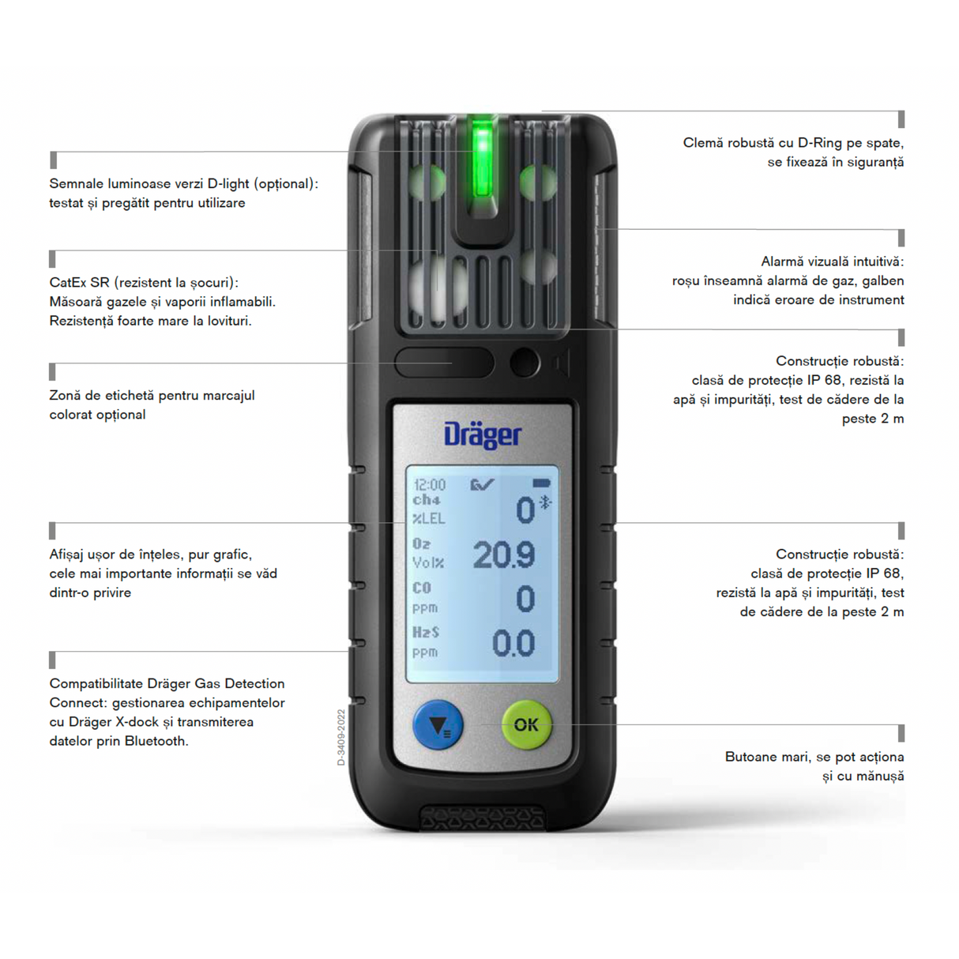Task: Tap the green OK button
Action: (526, 724)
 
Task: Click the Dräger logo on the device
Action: (483, 434)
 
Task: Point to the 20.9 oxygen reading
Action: (504, 555)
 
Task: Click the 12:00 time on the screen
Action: (430, 484)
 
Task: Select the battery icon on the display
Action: (541, 483)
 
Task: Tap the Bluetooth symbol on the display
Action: (545, 502)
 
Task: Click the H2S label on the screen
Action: (426, 632)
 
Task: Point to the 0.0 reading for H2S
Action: (513, 644)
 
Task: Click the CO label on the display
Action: (422, 588)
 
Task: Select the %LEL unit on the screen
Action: (429, 518)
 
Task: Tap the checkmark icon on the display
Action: (482, 484)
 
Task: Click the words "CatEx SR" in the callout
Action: (79, 282)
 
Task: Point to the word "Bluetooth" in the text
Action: (156, 741)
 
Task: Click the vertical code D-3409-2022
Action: (341, 737)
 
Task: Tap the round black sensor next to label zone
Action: (525, 363)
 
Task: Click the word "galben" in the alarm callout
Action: (883, 280)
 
